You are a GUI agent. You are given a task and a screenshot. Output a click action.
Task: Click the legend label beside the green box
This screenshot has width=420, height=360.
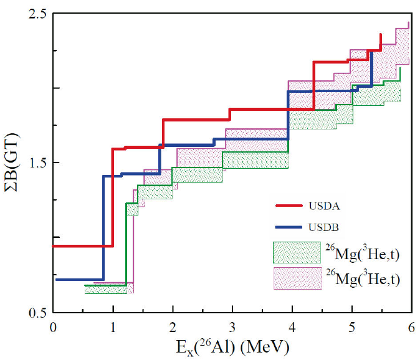[x=361, y=252]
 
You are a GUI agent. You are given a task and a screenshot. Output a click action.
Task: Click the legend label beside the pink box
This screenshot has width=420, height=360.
[x=361, y=278]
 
